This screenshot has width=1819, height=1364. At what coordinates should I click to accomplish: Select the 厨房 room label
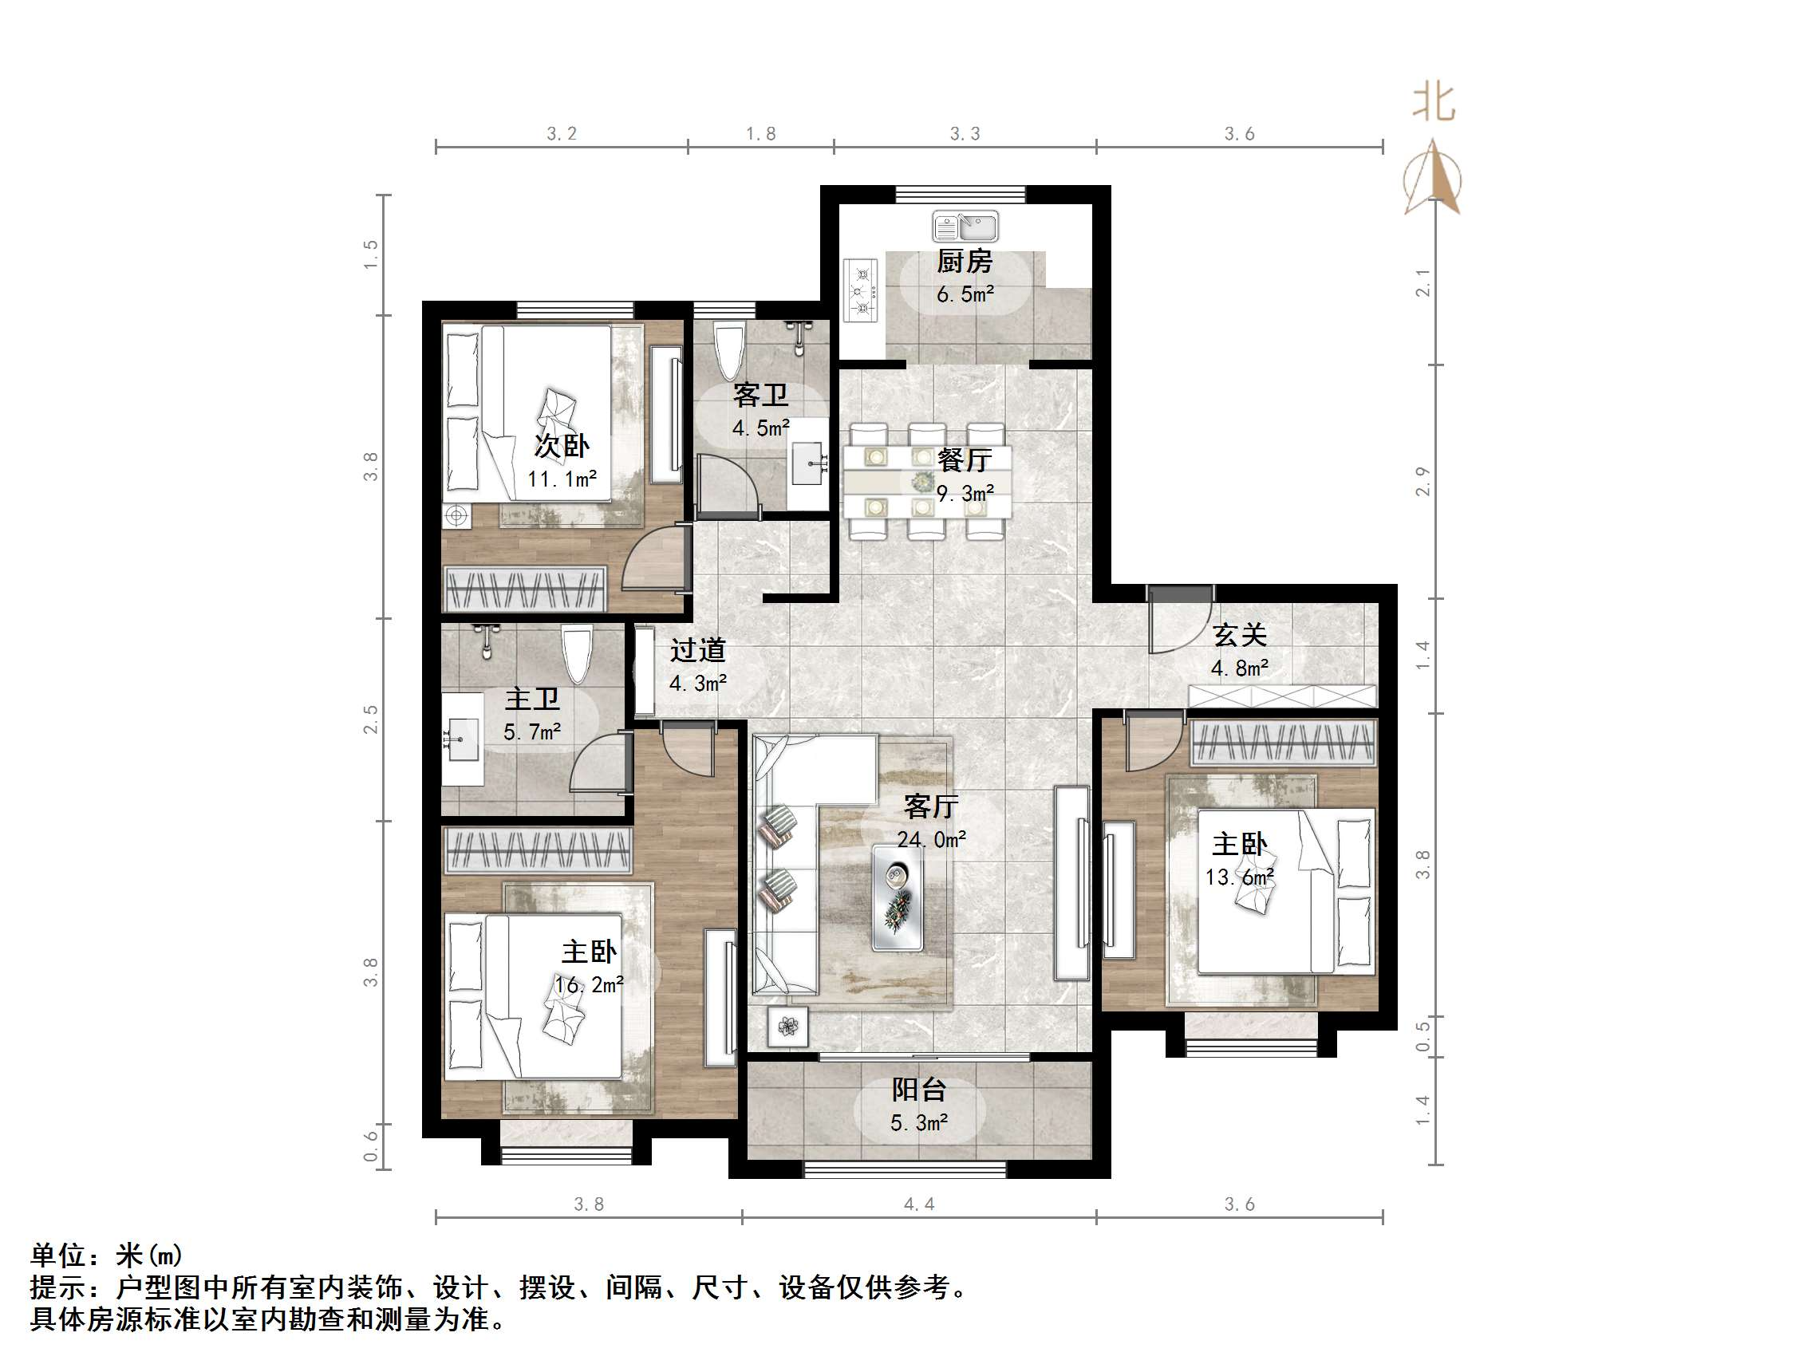[x=965, y=262]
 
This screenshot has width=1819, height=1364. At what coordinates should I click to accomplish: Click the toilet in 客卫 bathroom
[x=728, y=351]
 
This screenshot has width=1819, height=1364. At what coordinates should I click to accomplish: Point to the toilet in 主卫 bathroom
[x=577, y=653]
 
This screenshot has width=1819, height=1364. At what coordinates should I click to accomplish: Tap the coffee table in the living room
[x=898, y=898]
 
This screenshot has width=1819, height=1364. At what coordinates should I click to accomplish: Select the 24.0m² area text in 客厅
[x=931, y=839]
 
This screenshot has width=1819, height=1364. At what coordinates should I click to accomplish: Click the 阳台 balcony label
[x=919, y=1090]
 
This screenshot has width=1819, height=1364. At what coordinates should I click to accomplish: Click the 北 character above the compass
[x=1434, y=104]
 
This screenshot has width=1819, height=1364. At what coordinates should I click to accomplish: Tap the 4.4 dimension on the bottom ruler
[x=919, y=1204]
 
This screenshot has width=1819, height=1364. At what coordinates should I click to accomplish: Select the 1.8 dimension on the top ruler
[x=760, y=134]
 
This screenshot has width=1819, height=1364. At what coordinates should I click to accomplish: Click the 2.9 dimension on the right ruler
[x=1423, y=481]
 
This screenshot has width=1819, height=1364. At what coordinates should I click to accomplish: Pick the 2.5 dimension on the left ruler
[x=372, y=719]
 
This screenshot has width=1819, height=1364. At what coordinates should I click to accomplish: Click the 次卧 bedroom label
[x=562, y=447]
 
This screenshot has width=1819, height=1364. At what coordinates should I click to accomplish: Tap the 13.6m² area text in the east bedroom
[x=1239, y=877]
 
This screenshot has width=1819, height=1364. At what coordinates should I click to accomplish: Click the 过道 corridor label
[x=697, y=650]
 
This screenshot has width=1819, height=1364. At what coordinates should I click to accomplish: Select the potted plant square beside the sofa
[x=787, y=1027]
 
